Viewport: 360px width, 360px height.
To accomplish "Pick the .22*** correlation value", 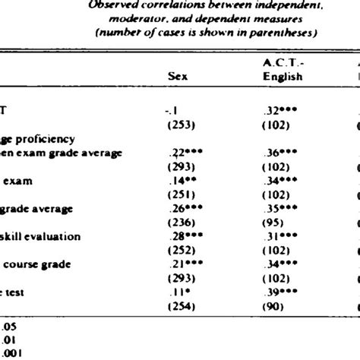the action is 182,152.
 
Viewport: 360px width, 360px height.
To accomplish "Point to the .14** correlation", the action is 180,182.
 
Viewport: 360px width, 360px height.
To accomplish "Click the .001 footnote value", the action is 12,354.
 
